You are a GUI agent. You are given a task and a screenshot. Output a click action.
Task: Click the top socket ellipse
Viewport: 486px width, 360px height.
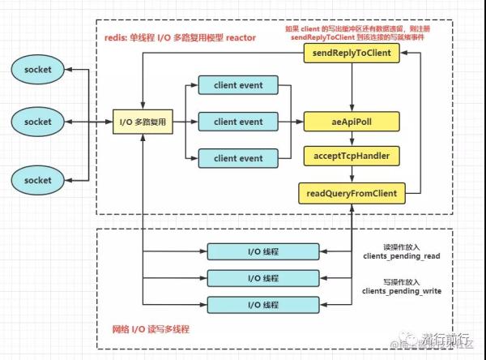[x=37, y=70]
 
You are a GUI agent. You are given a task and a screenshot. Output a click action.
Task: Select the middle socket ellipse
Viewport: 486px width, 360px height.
[x=37, y=122]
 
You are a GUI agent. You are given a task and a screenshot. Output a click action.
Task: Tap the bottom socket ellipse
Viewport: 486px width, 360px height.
[x=37, y=179]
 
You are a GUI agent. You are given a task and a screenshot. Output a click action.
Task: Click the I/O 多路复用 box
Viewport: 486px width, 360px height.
[x=141, y=122]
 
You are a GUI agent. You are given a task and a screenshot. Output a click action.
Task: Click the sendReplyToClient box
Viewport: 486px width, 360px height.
[x=352, y=54]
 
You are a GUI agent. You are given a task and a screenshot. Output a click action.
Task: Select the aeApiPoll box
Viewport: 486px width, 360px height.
[x=352, y=122]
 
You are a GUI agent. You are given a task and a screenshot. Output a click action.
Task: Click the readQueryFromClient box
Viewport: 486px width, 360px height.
[x=352, y=193]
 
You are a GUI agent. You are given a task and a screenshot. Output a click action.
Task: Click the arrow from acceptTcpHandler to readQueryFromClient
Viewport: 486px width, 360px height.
[x=352, y=175]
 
